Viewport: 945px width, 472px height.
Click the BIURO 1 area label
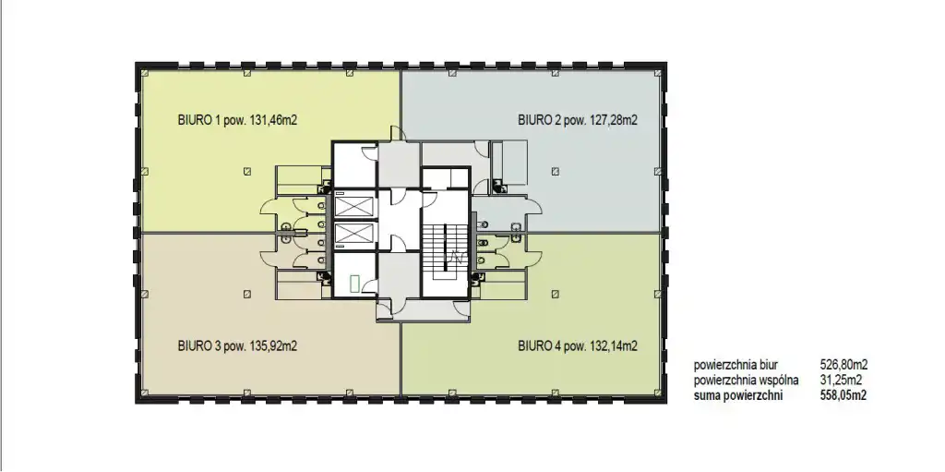pyautogui.click(x=237, y=119)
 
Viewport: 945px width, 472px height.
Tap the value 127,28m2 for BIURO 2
pyautogui.click(x=614, y=119)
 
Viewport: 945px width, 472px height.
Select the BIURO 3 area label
pyautogui.click(x=237, y=345)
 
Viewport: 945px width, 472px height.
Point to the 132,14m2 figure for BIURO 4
pyautogui.click(x=614, y=345)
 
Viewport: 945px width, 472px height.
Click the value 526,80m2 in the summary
pyautogui.click(x=843, y=365)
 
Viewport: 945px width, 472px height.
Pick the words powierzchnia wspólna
pyautogui.click(x=746, y=381)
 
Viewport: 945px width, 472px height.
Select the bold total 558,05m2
pyautogui.click(x=843, y=396)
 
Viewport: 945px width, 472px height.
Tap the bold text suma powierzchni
pyautogui.click(x=738, y=396)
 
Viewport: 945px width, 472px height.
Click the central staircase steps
pyautogui.click(x=446, y=246)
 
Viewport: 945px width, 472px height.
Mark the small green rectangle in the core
pyautogui.click(x=355, y=283)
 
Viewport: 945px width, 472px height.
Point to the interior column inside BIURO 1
pyautogui.click(x=247, y=172)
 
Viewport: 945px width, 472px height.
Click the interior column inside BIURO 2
pyautogui.click(x=555, y=172)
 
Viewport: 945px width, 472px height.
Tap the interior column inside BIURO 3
pyautogui.click(x=247, y=294)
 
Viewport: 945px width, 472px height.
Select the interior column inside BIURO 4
pyautogui.click(x=555, y=294)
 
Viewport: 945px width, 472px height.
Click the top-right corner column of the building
pyautogui.click(x=658, y=73)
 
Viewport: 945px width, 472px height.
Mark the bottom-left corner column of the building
pyautogui.click(x=145, y=393)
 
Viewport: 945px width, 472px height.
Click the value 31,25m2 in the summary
pyautogui.click(x=841, y=381)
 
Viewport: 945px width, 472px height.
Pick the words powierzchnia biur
pyautogui.click(x=736, y=365)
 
